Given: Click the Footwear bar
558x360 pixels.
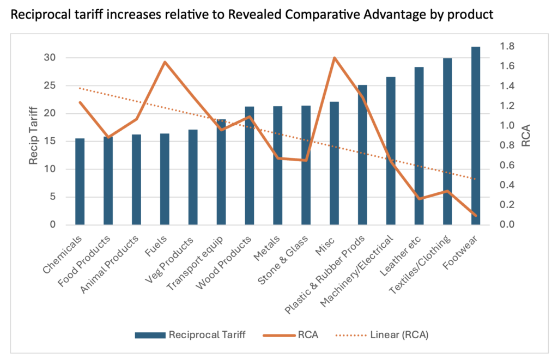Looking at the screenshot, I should pos(475,136).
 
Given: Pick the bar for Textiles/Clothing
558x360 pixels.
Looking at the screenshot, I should pos(447,142).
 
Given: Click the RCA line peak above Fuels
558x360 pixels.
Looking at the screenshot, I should pos(165,62).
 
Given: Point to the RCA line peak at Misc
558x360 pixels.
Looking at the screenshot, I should pos(335,58).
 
